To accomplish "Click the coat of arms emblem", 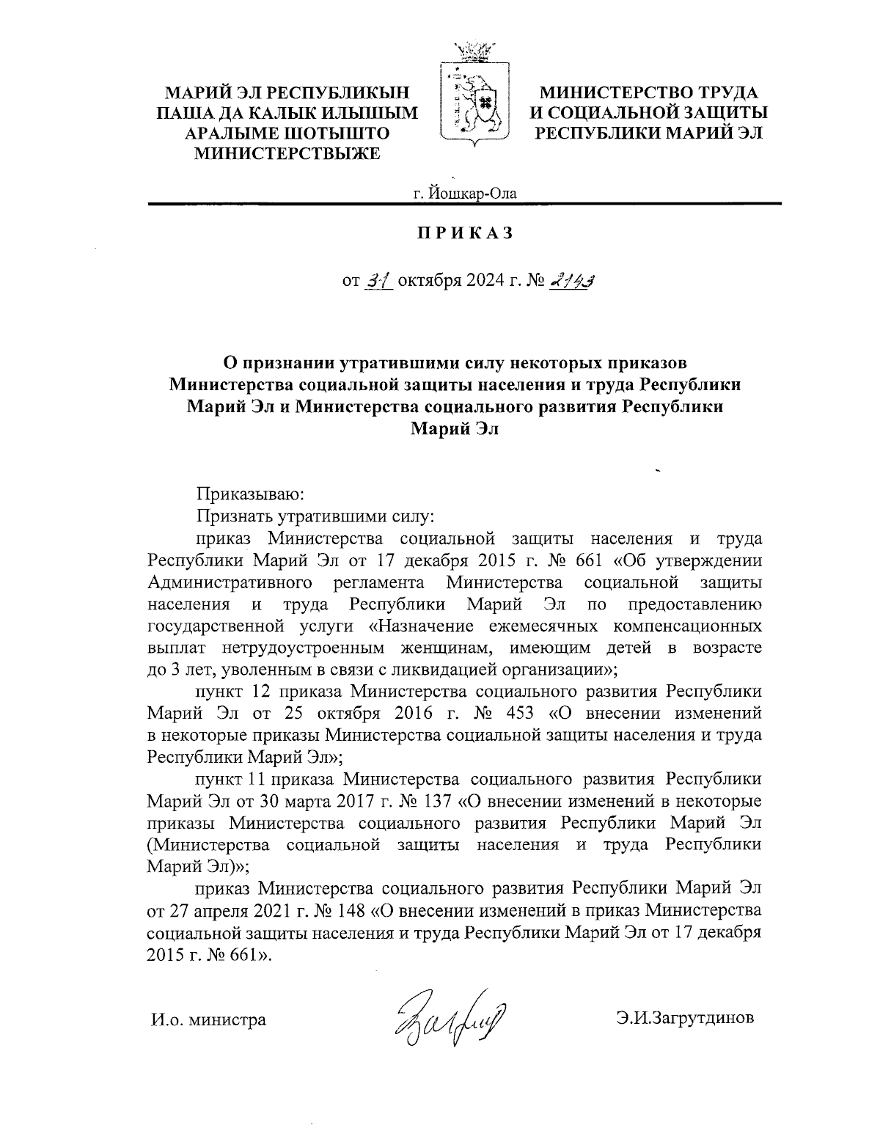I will point(474,99).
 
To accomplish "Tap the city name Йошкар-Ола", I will point(464,194).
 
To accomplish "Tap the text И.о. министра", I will point(208,1019).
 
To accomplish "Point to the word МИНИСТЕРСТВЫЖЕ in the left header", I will point(286,153).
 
